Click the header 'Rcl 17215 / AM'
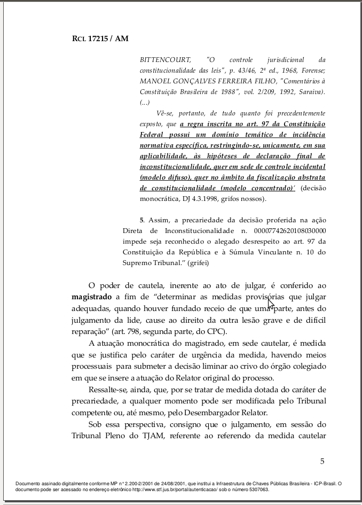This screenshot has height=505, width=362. (100, 39)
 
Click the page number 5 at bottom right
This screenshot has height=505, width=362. (322, 461)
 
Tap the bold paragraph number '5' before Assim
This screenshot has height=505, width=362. (141, 220)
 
